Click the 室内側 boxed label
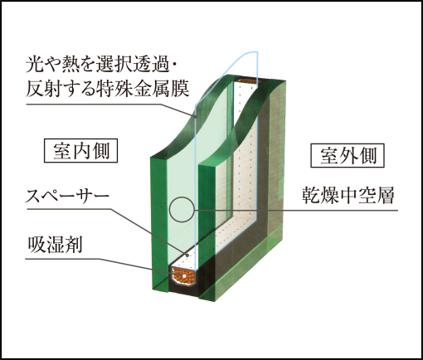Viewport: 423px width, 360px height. [81, 150]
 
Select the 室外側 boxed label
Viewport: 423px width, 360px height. [348, 155]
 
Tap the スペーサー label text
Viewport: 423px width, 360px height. [67, 196]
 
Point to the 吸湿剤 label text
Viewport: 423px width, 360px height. [55, 245]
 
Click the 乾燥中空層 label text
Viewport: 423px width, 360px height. [348, 196]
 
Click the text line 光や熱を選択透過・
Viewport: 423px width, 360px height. [101, 66]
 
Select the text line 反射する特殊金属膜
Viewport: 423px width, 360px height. [108, 89]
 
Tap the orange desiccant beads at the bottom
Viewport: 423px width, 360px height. [183, 276]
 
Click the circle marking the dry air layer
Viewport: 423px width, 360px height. [182, 209]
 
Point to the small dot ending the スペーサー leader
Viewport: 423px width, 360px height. [187, 255]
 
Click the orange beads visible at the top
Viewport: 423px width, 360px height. [248, 81]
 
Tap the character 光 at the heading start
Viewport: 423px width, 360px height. [35, 66]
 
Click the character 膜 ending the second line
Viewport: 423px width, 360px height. [181, 89]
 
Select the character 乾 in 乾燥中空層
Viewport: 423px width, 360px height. [310, 196]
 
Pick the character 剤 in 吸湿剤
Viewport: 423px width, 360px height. [74, 245]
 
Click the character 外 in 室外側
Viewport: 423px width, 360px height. [348, 155]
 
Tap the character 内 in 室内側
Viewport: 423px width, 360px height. [81, 151]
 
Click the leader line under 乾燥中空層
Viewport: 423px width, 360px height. [296, 211]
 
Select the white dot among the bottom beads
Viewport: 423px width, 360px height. [184, 276]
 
